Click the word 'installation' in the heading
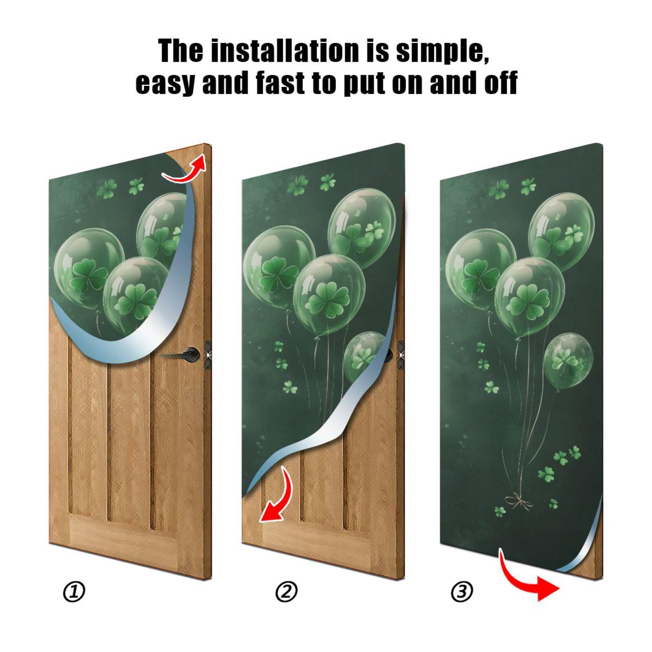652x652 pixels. (286, 51)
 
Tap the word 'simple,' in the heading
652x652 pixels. (442, 51)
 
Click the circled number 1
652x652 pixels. (74, 592)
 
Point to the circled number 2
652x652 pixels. (286, 592)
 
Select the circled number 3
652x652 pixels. (462, 591)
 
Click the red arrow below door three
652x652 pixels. (526, 579)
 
